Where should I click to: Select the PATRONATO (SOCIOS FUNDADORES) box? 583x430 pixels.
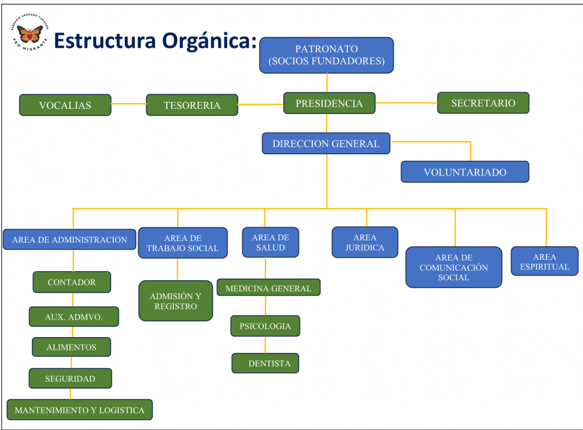tap(327, 55)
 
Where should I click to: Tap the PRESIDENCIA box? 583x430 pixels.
tap(329, 104)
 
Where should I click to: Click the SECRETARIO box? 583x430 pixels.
tap(483, 103)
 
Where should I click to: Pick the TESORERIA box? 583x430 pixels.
tap(192, 105)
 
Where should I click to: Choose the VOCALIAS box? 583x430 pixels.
tap(65, 105)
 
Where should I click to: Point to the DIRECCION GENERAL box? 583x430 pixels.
tap(326, 144)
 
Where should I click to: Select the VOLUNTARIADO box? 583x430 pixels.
tap(465, 172)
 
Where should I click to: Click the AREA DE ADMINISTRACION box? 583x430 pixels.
tap(70, 240)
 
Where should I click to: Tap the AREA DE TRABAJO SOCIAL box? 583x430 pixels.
tap(183, 243)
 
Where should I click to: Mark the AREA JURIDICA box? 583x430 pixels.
tap(365, 243)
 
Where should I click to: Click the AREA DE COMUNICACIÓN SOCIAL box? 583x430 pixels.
tap(454, 267)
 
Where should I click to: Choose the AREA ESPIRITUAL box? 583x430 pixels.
tap(544, 261)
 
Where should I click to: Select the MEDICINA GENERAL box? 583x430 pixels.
tap(268, 288)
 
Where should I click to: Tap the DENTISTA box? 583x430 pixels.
tap(266, 363)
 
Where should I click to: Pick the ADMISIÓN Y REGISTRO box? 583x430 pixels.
tap(176, 301)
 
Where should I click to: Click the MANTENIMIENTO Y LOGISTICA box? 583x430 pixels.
tap(80, 410)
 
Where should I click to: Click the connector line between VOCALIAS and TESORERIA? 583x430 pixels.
tap(129, 104)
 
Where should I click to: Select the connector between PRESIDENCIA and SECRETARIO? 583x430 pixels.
tap(406, 103)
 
